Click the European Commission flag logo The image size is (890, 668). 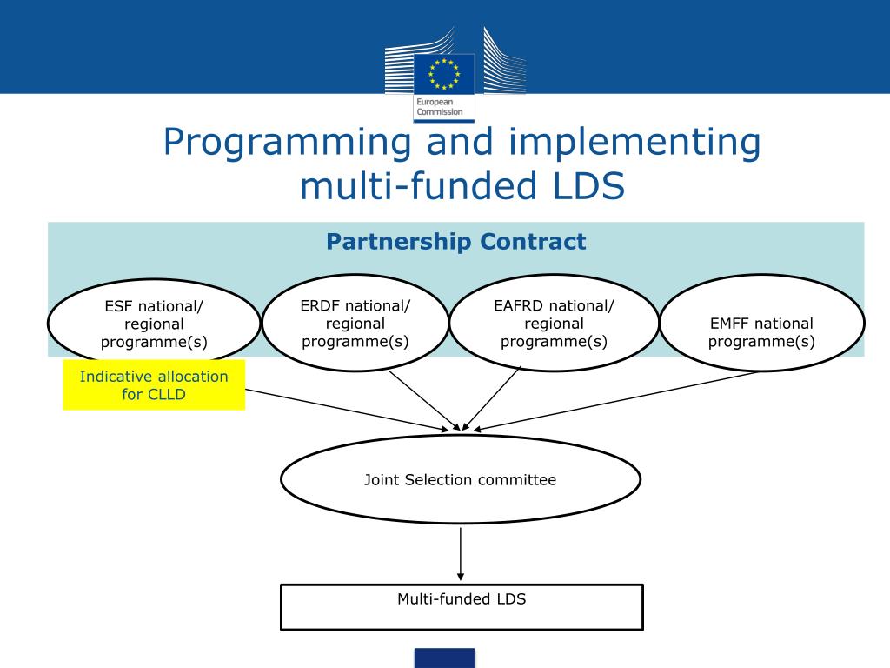444,72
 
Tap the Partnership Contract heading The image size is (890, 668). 456,242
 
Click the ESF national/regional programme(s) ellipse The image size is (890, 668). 154,324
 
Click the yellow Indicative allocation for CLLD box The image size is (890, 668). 154,385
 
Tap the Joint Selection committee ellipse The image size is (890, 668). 460,479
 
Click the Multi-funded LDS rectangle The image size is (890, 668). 462,606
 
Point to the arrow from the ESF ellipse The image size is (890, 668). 348,409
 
